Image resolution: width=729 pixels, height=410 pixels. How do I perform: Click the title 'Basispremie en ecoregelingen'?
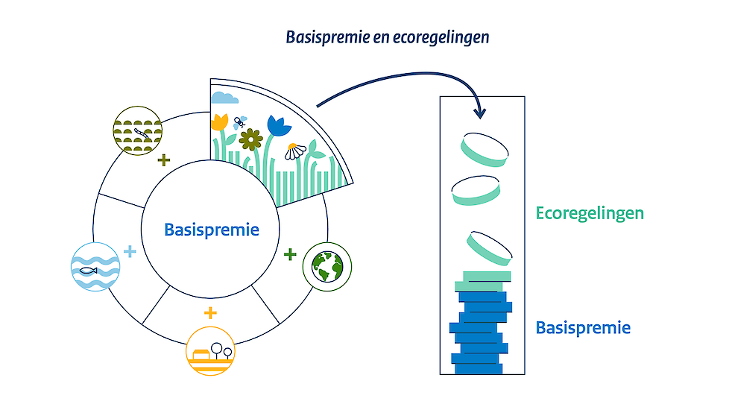(x=388, y=37)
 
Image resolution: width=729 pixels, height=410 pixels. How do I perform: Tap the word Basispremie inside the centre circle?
(x=212, y=230)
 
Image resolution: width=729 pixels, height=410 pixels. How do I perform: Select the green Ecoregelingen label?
(x=590, y=213)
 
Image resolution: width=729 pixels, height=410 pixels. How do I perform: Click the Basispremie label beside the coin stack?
(x=583, y=327)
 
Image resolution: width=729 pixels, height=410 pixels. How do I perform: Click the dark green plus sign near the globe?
(x=290, y=255)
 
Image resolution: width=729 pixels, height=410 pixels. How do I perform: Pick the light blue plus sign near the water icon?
(x=130, y=251)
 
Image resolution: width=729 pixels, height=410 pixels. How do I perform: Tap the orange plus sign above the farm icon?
(x=210, y=312)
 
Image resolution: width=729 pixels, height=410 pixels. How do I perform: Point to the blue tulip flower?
(x=278, y=126)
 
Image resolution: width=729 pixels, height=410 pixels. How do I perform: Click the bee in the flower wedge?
(x=240, y=122)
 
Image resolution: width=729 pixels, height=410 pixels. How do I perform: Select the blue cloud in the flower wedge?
(x=225, y=97)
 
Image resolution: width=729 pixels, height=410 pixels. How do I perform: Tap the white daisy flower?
(x=294, y=152)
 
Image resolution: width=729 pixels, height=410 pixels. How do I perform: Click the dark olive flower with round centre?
(x=251, y=139)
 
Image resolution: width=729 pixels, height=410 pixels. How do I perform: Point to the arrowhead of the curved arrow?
(x=480, y=113)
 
